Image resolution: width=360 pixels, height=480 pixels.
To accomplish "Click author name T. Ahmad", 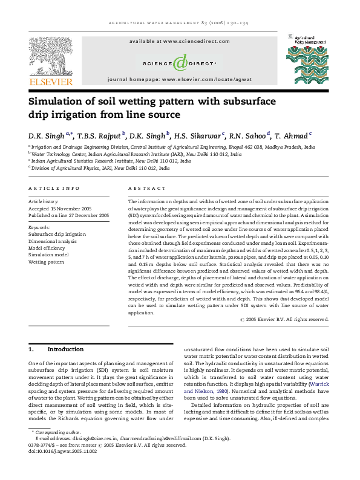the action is pos(292,135).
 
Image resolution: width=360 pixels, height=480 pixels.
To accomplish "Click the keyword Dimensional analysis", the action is pos(53,241).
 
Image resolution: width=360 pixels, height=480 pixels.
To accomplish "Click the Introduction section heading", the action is pos(65,349).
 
